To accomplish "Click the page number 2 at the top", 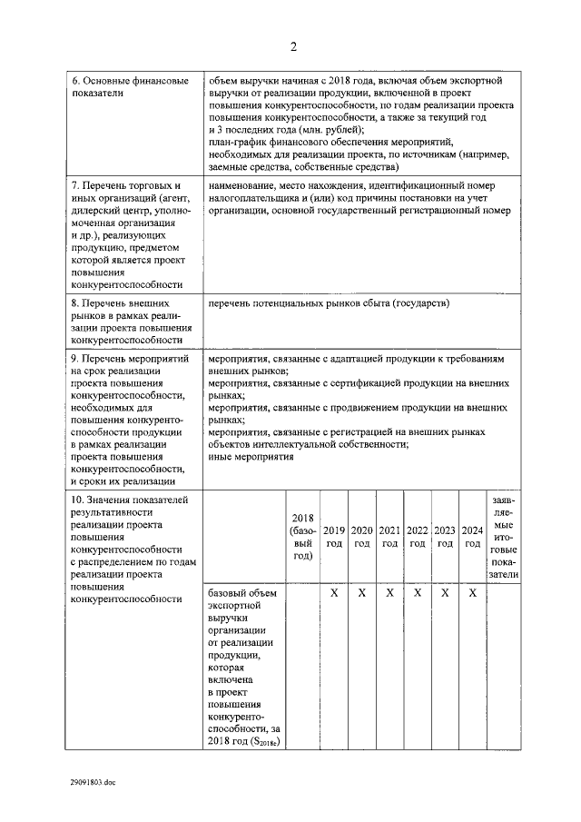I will click(x=293, y=47).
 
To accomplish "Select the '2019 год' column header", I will click(x=333, y=537).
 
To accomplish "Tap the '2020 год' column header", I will click(x=361, y=537).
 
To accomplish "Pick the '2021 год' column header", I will click(x=389, y=537).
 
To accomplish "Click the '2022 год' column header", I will click(x=418, y=537).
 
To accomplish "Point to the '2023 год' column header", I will click(x=445, y=537).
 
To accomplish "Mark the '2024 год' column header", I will click(x=472, y=537).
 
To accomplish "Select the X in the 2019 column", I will click(x=333, y=592).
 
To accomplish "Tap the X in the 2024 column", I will click(x=472, y=592).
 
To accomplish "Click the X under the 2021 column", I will click(x=389, y=592).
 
